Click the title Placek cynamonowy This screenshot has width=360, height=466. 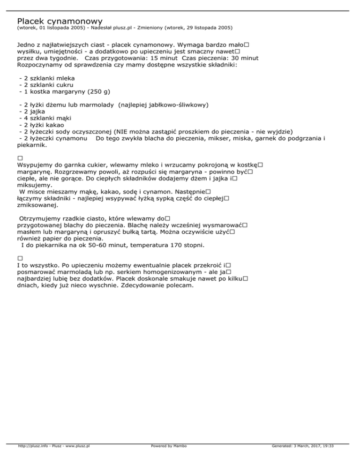click(x=60, y=21)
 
